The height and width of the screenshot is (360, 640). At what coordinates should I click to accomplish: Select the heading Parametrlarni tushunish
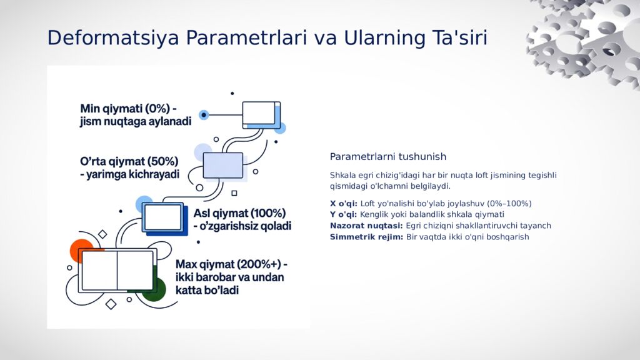click(x=387, y=156)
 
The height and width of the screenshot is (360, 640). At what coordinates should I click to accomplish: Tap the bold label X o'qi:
click(x=344, y=203)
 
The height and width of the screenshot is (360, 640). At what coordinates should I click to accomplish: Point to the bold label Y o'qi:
click(x=344, y=214)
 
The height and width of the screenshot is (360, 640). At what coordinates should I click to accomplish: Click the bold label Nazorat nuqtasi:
click(x=366, y=226)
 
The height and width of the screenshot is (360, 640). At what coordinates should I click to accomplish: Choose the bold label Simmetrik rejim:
click(x=366, y=237)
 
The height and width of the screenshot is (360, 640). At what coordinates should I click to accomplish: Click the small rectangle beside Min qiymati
click(x=260, y=114)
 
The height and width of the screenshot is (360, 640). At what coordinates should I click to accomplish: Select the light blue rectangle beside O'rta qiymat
click(x=223, y=165)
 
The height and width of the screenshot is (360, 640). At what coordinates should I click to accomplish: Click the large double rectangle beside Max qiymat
click(x=117, y=271)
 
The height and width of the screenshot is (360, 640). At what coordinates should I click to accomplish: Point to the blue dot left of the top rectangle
click(x=204, y=115)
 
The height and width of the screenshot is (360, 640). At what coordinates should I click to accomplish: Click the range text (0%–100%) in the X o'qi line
click(x=507, y=203)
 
